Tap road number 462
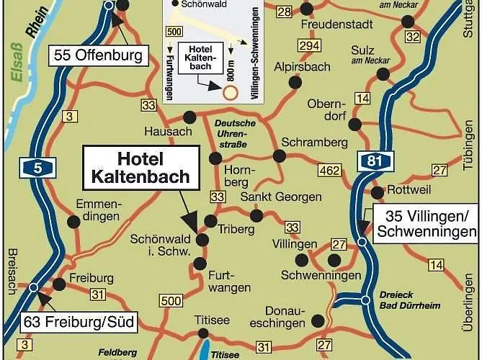coord(330,171)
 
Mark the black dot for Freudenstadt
coord(307,9)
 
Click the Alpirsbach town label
coord(302,66)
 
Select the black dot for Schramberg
coord(277,156)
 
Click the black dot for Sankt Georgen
coord(256,215)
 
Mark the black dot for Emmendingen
coord(73,220)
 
